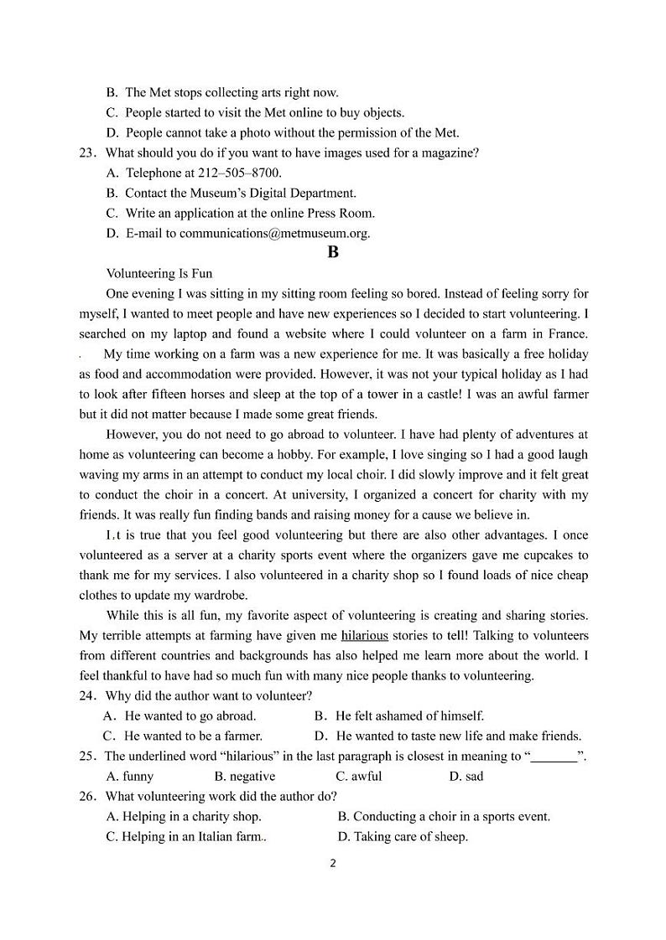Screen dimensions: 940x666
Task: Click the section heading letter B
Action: coord(333,252)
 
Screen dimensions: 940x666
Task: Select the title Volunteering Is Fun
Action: coord(159,274)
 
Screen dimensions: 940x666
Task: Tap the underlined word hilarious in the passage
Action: coord(364,636)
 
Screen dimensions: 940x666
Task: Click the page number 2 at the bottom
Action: coord(333,864)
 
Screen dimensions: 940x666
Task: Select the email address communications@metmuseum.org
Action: coord(274,234)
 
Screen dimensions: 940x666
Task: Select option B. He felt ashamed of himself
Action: coord(398,716)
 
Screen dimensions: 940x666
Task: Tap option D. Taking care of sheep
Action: coord(402,837)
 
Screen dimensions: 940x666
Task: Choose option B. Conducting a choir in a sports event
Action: coord(443,817)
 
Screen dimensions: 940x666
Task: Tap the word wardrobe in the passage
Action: coord(218,596)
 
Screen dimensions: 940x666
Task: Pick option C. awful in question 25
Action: coord(358,777)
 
